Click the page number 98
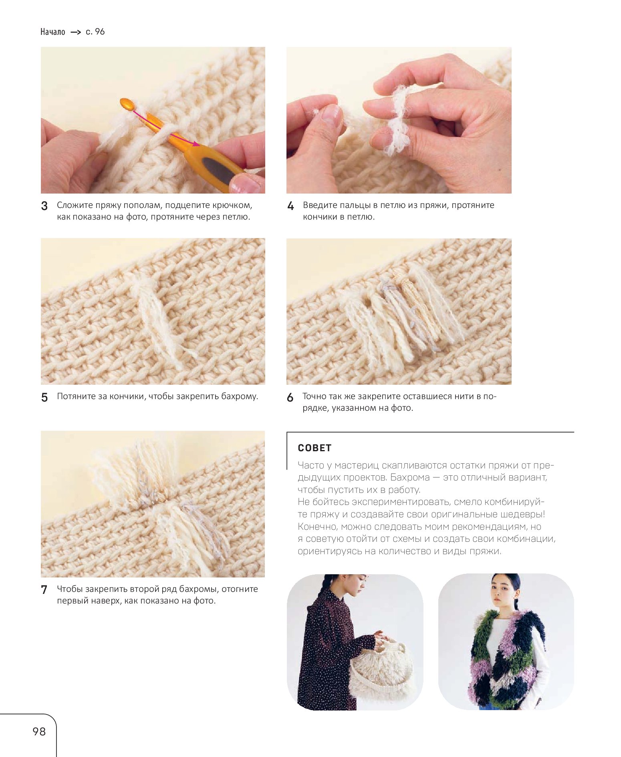coord(39,731)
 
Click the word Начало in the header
coord(52,32)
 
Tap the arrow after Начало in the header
coord(76,32)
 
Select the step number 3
coord(44,206)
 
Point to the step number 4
coord(290,206)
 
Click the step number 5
coord(44,397)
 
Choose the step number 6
coord(290,397)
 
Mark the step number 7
coord(44,589)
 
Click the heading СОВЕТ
coord(315,448)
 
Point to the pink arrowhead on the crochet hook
coord(195,143)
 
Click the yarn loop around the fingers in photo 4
coord(397,120)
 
